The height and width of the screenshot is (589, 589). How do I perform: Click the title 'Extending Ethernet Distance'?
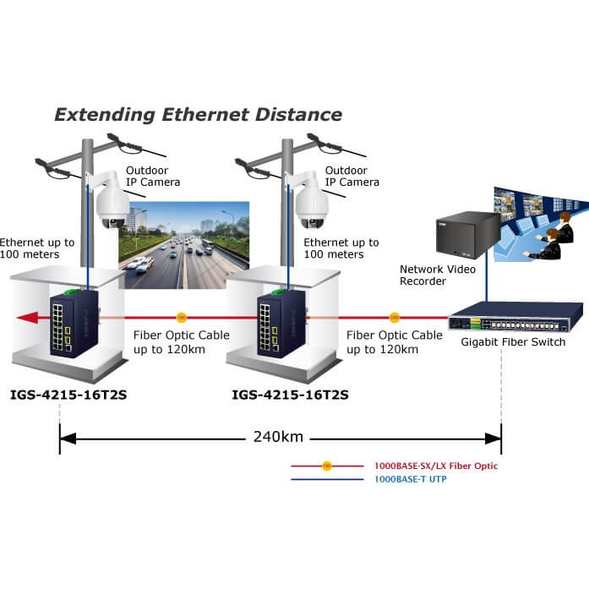(199, 115)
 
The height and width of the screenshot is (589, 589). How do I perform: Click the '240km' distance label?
(279, 438)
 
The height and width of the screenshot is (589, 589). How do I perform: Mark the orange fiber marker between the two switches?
(181, 319)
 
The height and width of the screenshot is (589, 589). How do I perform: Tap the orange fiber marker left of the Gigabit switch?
(394, 319)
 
